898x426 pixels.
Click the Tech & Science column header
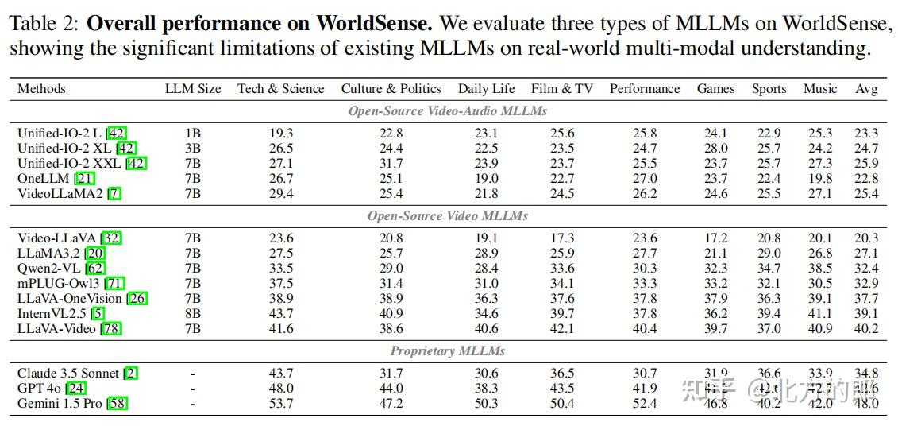280,89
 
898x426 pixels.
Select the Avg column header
866,89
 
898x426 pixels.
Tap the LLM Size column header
193,89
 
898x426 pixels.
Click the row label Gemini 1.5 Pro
59,404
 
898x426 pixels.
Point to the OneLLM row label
43,179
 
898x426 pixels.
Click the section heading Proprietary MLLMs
447,350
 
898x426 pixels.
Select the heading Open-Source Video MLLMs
447,216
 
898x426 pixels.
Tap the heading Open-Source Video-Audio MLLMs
447,111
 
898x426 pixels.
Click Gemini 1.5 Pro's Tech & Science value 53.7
281,404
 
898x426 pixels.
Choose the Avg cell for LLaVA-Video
866,329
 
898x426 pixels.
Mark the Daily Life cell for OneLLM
486,179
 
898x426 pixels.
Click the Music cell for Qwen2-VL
820,269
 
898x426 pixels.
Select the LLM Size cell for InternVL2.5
193,314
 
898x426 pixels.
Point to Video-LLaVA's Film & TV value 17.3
562,238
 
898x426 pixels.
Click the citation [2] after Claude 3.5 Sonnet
131,374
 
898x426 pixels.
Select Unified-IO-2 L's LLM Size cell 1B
193,134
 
